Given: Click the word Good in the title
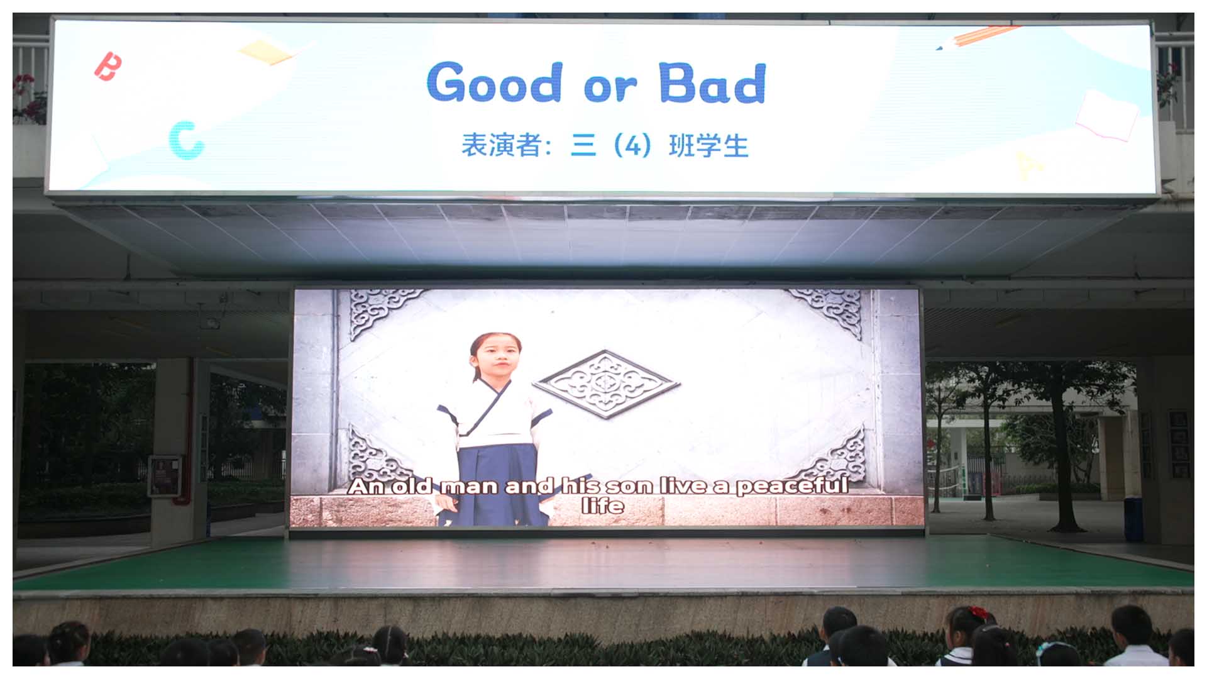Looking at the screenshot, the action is pos(494,82).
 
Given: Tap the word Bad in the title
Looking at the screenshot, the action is pos(713,82).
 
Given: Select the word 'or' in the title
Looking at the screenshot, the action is pos(610,87).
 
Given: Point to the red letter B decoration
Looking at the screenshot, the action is pos(107,67).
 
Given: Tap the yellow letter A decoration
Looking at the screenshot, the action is pos(1028,165).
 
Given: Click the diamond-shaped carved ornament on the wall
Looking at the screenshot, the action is pos(606,383).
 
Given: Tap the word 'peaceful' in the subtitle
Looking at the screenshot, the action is pos(792,486).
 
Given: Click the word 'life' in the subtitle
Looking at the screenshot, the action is pos(603,506).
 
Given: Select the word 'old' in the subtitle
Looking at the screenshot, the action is pos(413,486).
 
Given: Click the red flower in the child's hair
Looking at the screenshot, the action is pos(979,612).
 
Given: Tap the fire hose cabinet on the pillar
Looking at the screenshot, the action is pos(164,477).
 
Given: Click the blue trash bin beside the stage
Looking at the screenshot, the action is pos(1132,518).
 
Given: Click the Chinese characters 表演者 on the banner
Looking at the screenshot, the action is pos(502,145).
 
